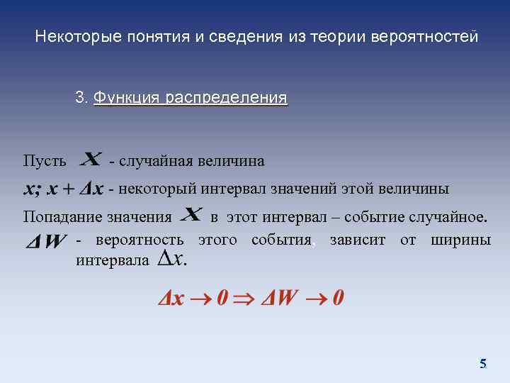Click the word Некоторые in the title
[x=69, y=36]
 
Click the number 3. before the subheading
[x=81, y=97]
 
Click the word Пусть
[x=44, y=161]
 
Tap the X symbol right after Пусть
[x=91, y=158]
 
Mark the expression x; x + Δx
[x=64, y=189]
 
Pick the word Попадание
[x=62, y=216]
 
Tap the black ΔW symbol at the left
[x=46, y=243]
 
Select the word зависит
[x=358, y=240]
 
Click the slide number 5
[x=483, y=364]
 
